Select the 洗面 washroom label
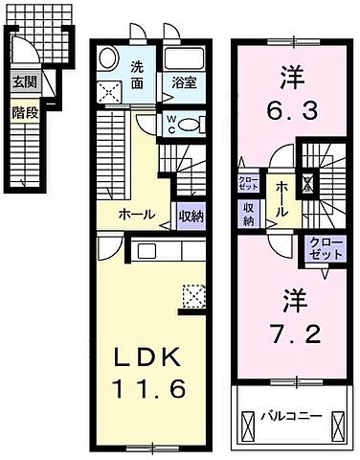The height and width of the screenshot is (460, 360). (138, 75)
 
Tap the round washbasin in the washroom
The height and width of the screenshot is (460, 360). (108, 57)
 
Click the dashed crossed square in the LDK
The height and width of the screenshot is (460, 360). (194, 298)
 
